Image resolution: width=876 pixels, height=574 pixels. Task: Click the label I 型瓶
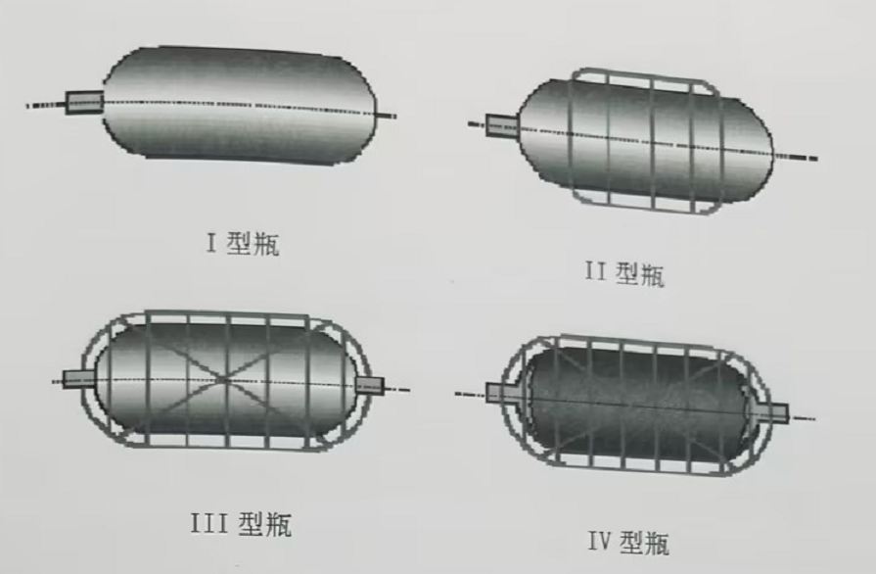pos(243,244)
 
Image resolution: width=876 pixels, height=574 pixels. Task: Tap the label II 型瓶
pos(625,273)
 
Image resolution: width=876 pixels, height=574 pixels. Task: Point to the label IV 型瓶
pos(628,542)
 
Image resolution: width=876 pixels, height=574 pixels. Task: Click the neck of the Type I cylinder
pos(84,103)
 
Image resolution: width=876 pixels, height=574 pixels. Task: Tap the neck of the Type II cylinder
pos(502,125)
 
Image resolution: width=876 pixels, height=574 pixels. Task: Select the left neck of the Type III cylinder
pos(78,379)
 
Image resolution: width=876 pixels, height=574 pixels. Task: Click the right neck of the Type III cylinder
pos(369,385)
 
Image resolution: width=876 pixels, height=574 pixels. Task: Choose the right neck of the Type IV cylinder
pos(771,412)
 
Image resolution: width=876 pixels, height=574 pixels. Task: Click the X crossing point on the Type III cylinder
pos(223,381)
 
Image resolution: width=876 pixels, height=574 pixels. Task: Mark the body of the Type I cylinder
pos(240,105)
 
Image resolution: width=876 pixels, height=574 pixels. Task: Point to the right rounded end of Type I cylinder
pos(360,110)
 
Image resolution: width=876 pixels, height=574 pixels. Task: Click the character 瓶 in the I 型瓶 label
pos(266,245)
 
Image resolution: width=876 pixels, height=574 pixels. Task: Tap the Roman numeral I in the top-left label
pos(211,243)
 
